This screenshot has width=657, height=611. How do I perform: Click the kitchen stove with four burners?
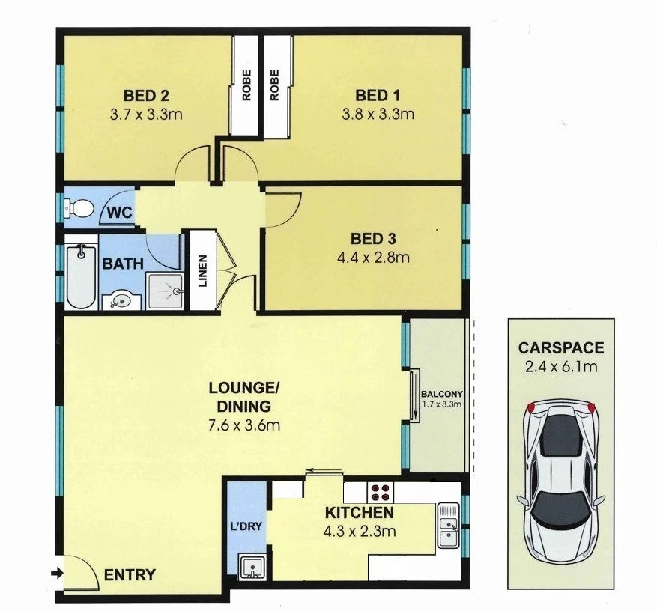pyautogui.click(x=381, y=492)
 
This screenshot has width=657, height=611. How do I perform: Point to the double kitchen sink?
pyautogui.click(x=448, y=523)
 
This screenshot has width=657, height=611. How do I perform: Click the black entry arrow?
pyautogui.click(x=56, y=574)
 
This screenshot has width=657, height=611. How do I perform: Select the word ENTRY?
pyautogui.click(x=130, y=576)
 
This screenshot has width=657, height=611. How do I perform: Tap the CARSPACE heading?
pyautogui.click(x=561, y=348)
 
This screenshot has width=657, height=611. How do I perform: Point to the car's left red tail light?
pyautogui.click(x=531, y=407)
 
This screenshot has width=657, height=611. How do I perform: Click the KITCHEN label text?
pyautogui.click(x=359, y=514)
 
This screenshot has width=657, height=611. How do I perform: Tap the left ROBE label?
pyautogui.click(x=245, y=85)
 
